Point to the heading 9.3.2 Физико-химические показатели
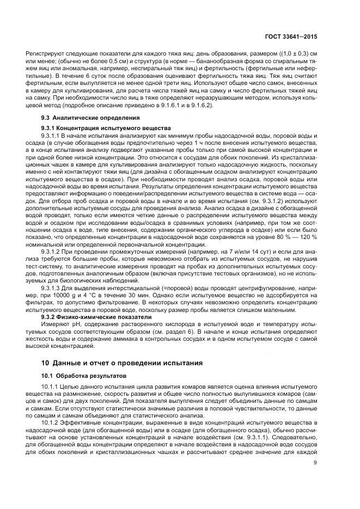[x=90, y=316]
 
